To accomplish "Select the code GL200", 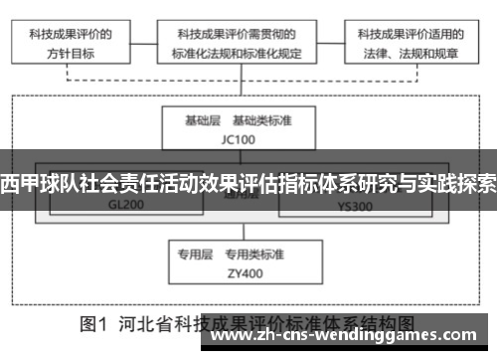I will (x=126, y=206).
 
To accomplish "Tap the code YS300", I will (x=356, y=206).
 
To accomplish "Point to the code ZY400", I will (x=247, y=272).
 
